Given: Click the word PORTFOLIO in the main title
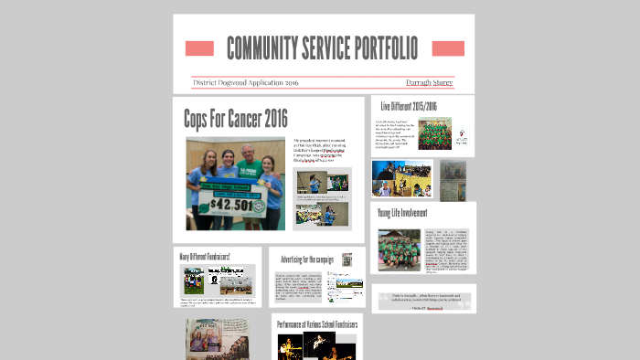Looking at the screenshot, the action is click(374, 48).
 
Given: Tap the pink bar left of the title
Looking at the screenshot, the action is click(198, 48).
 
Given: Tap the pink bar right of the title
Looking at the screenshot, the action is click(448, 48).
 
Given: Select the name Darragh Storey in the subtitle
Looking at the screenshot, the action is click(430, 82).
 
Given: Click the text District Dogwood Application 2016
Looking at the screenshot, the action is click(246, 82).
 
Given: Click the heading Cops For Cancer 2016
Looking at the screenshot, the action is click(235, 118).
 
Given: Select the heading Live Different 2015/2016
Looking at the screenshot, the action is click(409, 107).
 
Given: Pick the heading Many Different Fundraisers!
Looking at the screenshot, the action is click(204, 256).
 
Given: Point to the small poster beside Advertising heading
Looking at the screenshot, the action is click(347, 259).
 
